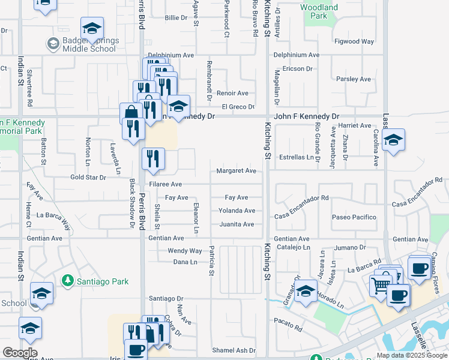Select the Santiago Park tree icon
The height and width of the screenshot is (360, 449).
pyautogui.click(x=68, y=280)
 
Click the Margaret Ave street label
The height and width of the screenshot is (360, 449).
pyautogui.click(x=237, y=171)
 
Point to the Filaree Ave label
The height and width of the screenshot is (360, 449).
pyautogui.click(x=165, y=184)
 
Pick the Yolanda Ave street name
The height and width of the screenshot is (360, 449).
pyautogui.click(x=237, y=211)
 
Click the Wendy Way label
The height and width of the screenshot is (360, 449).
pyautogui.click(x=185, y=251)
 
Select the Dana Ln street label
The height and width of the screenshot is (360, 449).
pyautogui.click(x=185, y=262)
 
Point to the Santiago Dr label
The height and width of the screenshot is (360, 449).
pyautogui.click(x=166, y=298)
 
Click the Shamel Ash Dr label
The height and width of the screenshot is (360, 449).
pyautogui.click(x=234, y=350)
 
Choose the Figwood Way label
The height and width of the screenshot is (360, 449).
pyautogui.click(x=354, y=41)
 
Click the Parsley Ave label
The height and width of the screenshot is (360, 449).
pyautogui.click(x=354, y=79)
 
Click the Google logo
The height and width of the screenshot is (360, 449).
pyautogui.click(x=20, y=353)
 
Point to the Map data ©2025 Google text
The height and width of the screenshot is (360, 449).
pyautogui.click(x=412, y=355)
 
